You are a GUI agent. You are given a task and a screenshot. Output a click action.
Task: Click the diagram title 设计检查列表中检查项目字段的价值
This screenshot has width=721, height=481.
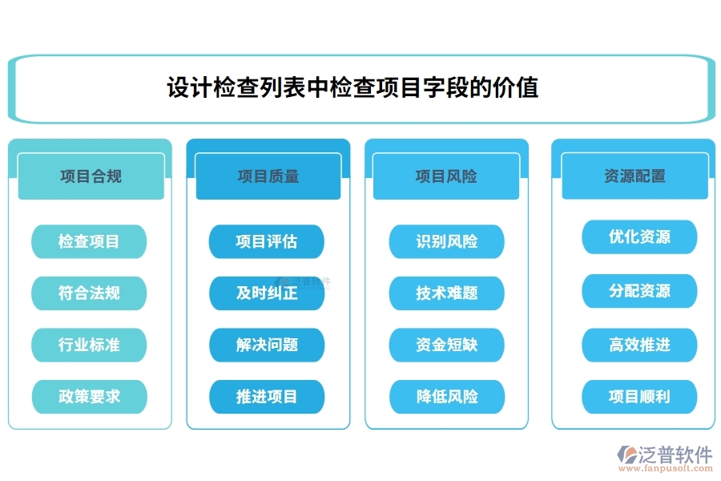click(x=352, y=87)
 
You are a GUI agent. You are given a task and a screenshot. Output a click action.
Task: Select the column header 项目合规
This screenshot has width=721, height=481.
click(x=91, y=176)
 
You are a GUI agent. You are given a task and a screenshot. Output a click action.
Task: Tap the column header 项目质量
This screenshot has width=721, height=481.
click(x=268, y=176)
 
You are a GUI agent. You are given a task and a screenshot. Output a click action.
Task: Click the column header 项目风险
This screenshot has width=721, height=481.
click(x=446, y=176)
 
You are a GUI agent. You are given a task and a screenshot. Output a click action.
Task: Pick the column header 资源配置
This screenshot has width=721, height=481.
click(x=634, y=176)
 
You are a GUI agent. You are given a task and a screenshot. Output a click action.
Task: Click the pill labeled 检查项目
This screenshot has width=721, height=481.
click(x=89, y=241)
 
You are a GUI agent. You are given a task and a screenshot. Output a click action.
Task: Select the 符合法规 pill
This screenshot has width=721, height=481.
click(x=89, y=293)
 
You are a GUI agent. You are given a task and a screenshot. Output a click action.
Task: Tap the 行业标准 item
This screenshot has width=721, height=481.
click(x=89, y=345)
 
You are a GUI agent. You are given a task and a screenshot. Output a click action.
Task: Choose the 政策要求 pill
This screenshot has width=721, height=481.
click(x=89, y=396)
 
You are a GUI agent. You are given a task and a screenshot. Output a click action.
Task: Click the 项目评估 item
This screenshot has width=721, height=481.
click(x=267, y=241)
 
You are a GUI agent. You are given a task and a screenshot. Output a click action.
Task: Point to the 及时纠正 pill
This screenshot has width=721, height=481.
click(x=267, y=293)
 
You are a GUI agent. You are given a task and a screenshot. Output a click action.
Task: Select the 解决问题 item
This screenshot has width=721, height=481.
click(x=267, y=345)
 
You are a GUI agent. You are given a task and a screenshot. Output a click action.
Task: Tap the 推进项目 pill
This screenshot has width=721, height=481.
click(x=267, y=396)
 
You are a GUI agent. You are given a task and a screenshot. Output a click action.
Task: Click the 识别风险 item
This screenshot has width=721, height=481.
click(x=447, y=241)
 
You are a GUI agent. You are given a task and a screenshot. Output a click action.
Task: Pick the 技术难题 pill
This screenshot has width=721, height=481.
click(x=447, y=293)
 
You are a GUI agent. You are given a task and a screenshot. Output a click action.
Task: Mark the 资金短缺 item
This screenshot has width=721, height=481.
click(x=447, y=345)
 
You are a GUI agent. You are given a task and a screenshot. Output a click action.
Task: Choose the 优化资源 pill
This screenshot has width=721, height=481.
click(x=639, y=236)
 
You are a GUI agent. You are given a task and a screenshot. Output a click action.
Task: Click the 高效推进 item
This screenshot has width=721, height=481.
click(x=639, y=345)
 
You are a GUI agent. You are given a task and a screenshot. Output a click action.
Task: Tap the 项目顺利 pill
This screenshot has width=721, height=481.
click(x=639, y=396)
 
